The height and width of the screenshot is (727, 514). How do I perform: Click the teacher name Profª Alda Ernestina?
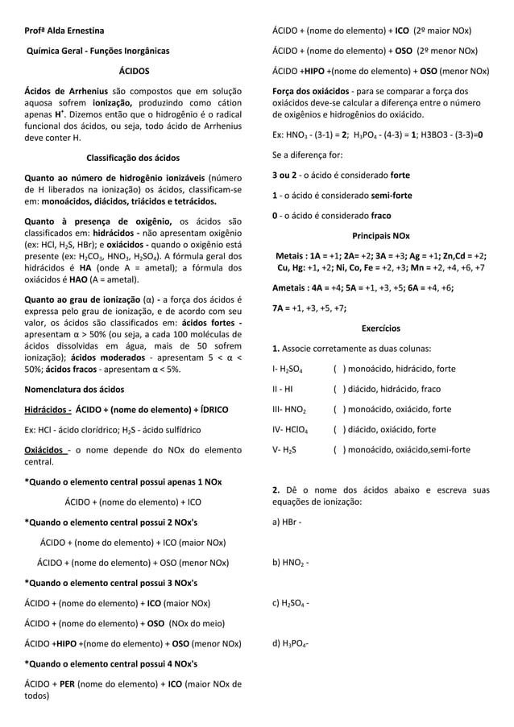[x=64, y=31]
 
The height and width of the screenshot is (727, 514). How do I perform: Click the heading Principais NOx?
[x=380, y=236]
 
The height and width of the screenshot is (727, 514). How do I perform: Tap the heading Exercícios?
[x=380, y=328]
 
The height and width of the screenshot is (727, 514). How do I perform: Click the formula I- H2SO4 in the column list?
[x=288, y=370]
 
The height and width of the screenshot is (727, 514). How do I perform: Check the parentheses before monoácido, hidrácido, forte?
[x=340, y=369]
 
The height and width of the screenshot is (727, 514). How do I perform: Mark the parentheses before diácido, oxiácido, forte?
[x=340, y=429]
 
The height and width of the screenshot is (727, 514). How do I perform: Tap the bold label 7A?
[x=279, y=307]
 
